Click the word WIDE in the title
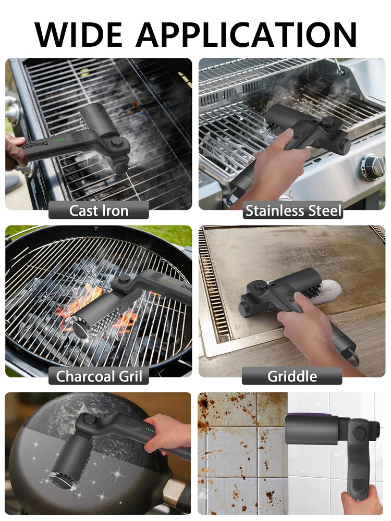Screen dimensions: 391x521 [79, 34]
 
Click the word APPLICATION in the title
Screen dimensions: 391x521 [247, 34]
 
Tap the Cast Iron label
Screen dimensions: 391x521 [99, 210]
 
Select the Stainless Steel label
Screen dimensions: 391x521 [293, 210]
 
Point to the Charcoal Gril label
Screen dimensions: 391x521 [99, 376]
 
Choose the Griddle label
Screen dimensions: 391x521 [292, 376]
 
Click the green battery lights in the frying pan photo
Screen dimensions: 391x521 [151, 430]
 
